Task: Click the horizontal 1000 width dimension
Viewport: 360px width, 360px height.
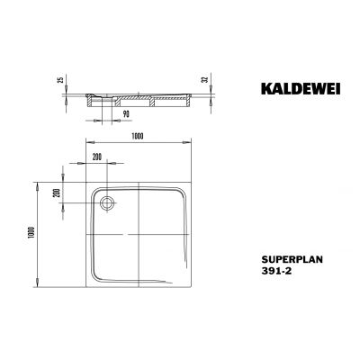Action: pos(134,134)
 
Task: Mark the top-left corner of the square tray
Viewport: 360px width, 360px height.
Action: pos(85,179)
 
